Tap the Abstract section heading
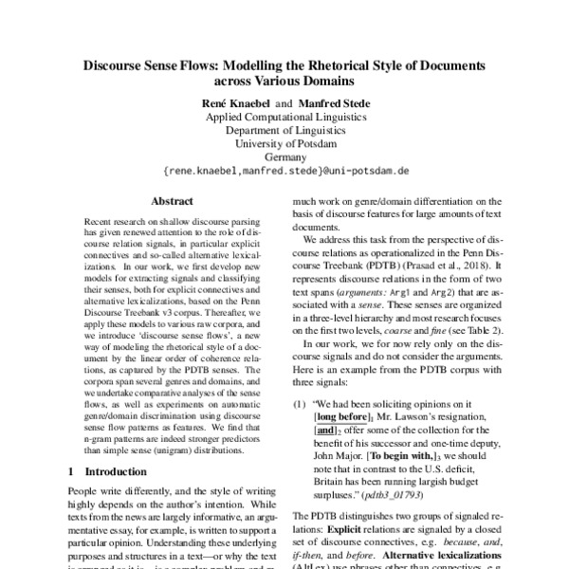pos(173,201)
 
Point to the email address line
pos(284,172)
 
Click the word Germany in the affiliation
pos(284,157)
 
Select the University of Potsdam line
pos(284,143)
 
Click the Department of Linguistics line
pos(284,130)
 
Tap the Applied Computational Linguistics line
pos(284,116)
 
